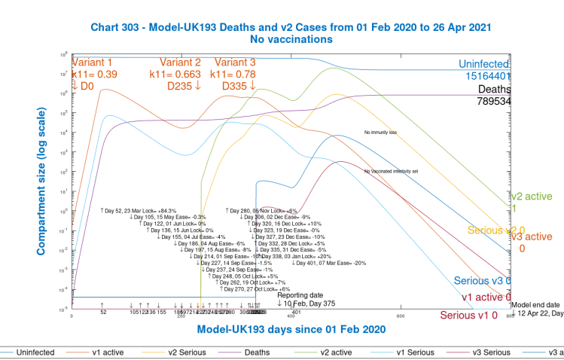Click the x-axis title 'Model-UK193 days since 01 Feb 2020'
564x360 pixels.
[x=291, y=330]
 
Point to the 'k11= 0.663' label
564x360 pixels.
[x=181, y=75]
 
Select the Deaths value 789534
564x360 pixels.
[x=494, y=101]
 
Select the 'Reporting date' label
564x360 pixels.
[x=300, y=294]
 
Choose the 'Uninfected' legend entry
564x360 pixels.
[x=35, y=352]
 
